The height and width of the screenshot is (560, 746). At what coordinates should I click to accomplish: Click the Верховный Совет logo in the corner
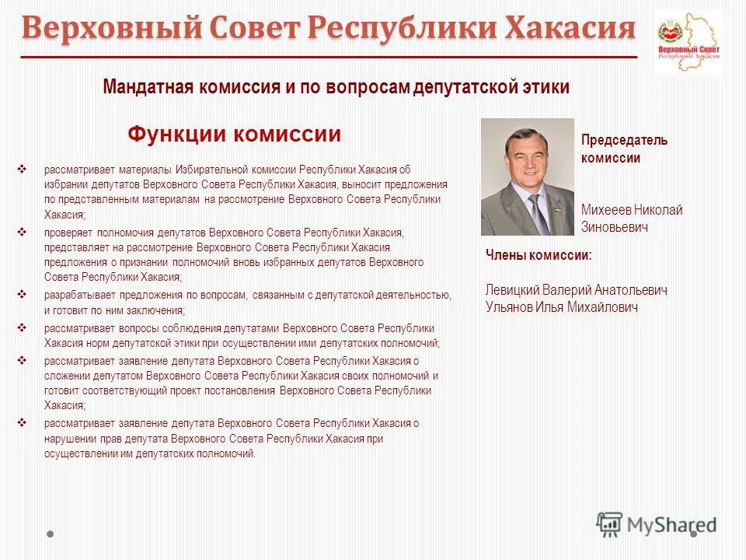688,42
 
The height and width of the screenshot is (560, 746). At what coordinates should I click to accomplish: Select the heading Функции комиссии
234,135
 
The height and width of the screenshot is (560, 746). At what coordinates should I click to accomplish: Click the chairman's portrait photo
527,177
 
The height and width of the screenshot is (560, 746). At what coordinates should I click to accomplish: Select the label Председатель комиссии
624,149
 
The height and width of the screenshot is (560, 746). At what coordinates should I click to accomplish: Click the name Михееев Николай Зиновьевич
632,219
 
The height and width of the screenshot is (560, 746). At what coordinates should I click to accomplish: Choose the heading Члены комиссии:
539,254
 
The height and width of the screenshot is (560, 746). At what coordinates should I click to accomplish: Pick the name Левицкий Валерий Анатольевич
576,290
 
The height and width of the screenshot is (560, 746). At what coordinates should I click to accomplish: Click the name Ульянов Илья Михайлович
561,307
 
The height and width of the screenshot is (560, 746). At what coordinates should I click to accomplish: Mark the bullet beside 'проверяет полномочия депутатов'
23,232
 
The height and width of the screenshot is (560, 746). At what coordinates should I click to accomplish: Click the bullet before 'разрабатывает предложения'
23,295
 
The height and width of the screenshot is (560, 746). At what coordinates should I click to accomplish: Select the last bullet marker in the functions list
23,423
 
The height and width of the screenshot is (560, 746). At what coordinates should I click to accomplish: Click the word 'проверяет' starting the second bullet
66,233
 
